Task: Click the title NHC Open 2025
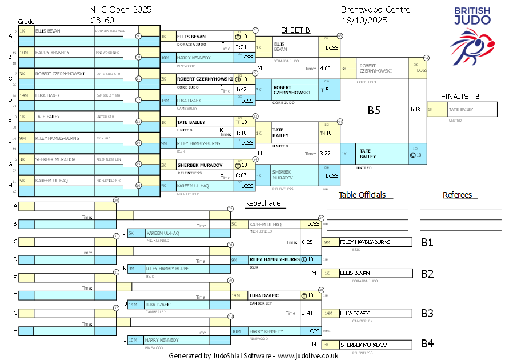(x=121, y=10)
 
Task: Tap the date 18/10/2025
(x=364, y=20)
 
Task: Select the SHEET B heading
(x=295, y=30)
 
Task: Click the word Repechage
(x=263, y=203)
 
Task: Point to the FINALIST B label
(x=460, y=96)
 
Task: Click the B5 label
(x=374, y=111)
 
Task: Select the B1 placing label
(x=427, y=242)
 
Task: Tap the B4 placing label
(x=427, y=344)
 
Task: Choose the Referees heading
(x=458, y=195)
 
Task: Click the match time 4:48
(x=415, y=109)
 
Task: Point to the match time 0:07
(x=241, y=175)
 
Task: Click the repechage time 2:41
(x=307, y=313)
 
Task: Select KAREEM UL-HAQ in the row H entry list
(x=54, y=181)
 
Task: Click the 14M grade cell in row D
(x=26, y=95)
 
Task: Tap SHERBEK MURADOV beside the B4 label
(x=363, y=345)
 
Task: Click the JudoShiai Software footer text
(x=253, y=355)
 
